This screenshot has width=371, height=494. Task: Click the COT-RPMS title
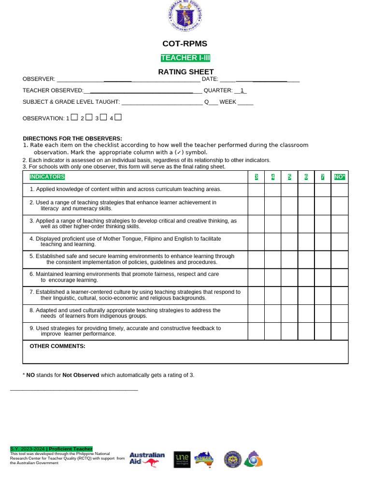185,44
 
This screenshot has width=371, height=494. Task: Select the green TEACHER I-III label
185,58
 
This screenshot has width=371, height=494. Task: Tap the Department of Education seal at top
185,17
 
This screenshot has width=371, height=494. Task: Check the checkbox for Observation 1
74,117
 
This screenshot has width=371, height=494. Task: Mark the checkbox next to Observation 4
118,117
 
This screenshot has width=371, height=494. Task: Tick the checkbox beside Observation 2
88,117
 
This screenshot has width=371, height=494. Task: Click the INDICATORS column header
47,177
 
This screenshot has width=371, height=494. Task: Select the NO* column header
340,177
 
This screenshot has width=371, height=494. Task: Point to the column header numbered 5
289,177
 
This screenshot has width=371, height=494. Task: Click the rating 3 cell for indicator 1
256,190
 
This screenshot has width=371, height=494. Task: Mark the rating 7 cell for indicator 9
323,331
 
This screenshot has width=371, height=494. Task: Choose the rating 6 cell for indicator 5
306,260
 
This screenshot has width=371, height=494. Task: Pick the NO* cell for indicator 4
340,242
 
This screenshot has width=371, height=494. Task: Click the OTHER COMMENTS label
57,346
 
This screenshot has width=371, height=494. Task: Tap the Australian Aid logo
147,459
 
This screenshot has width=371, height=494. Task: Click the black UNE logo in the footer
182,459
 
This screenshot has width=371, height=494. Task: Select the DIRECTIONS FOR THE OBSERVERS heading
72,138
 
